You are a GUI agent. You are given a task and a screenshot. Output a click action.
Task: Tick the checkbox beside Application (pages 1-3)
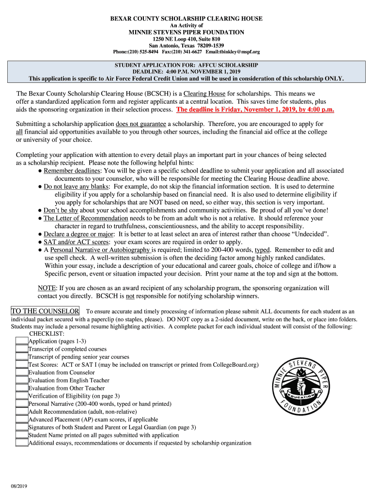[x=22, y=341]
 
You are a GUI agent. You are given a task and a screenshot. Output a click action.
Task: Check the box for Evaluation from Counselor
[x=22, y=372]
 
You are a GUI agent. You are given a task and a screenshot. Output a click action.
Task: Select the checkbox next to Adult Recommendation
[x=22, y=411]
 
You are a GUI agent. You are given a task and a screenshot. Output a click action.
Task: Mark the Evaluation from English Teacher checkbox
[x=22, y=380]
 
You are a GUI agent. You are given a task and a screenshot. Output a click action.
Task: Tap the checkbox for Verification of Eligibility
[x=22, y=396]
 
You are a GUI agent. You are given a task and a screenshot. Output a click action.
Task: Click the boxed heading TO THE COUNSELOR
[x=45, y=311]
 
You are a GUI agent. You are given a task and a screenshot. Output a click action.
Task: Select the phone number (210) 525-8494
[x=136, y=52]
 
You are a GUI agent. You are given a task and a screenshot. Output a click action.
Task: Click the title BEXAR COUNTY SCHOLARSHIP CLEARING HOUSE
[x=186, y=19]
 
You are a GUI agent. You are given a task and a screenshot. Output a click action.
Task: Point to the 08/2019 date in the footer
[x=15, y=486]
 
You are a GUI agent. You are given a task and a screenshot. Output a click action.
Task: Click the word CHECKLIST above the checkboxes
[x=47, y=334]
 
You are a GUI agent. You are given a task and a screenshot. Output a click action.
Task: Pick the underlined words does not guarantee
[x=141, y=124]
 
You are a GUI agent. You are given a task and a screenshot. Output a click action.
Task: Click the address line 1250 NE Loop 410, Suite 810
[x=186, y=39]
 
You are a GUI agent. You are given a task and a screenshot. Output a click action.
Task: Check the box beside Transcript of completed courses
[x=22, y=349]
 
